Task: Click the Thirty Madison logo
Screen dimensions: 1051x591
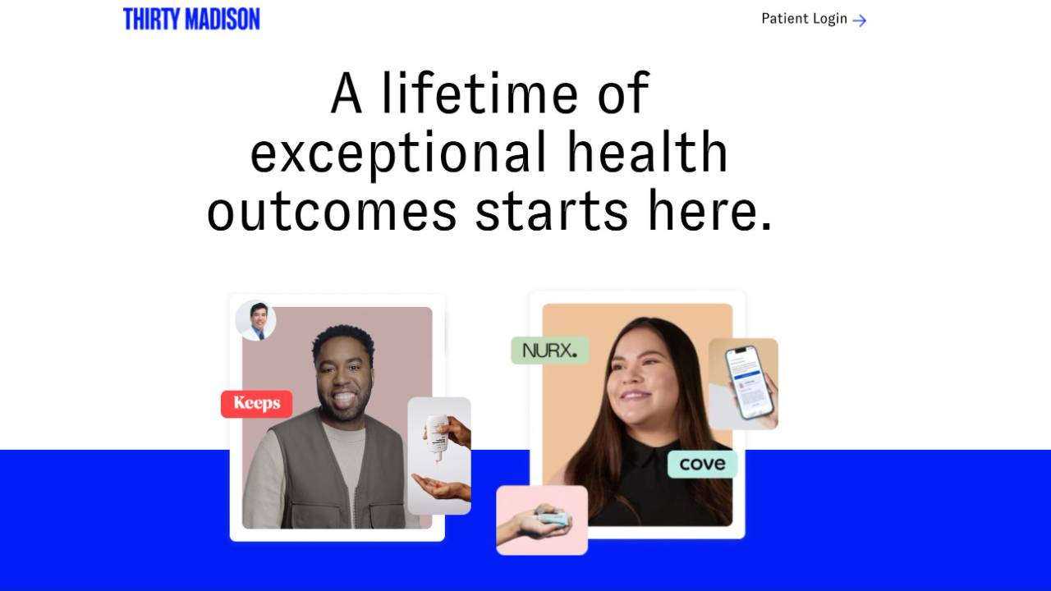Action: coord(191,19)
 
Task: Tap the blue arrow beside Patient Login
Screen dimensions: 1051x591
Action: coord(860,21)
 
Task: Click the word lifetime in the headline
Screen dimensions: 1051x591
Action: coord(479,93)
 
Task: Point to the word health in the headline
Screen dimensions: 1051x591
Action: coord(648,151)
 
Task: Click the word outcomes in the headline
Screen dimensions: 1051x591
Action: coord(332,210)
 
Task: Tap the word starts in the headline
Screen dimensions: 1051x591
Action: coord(551,210)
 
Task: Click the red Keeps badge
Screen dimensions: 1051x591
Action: coord(257,404)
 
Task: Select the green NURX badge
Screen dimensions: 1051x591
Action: coord(550,350)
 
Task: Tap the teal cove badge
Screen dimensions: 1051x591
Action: coord(702,465)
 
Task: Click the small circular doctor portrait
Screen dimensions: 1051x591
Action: coord(255,320)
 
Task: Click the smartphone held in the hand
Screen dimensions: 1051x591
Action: coord(748,383)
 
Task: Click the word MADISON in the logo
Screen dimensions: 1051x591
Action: coord(223,19)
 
